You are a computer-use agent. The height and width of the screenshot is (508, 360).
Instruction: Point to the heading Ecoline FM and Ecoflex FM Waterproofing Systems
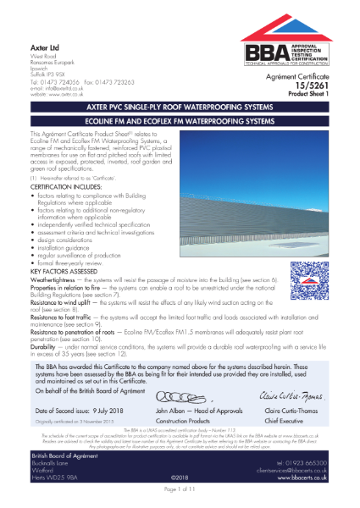coord(180,121)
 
